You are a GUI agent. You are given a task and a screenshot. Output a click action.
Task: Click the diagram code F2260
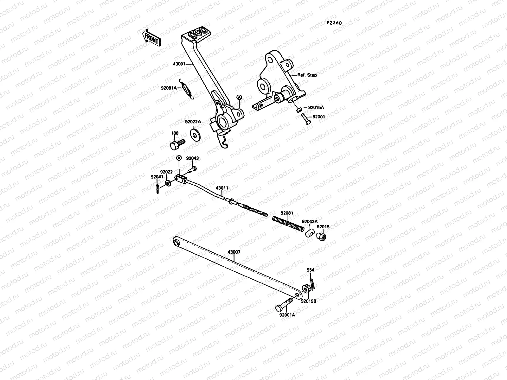coord(335,23)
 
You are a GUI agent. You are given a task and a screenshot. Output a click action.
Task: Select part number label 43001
coord(179,64)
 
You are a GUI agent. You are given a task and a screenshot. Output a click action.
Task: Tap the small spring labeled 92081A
coord(188,90)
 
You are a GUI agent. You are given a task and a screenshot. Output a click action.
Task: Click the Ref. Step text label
coord(307,75)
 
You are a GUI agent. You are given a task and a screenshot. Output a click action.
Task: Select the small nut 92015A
coord(298,110)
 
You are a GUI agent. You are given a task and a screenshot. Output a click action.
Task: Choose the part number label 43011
coord(221,187)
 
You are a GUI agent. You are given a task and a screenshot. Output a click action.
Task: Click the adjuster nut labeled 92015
coord(322,236)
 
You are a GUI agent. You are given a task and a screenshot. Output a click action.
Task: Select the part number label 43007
coord(234,252)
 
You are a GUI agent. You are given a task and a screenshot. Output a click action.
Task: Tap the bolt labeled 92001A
coord(283,305)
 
